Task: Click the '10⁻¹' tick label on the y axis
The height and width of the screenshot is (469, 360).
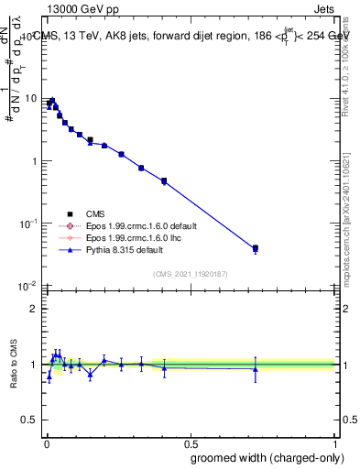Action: (28, 223)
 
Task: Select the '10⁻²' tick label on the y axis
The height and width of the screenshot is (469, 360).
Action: (28, 286)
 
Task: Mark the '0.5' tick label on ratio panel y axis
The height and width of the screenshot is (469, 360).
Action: (28, 420)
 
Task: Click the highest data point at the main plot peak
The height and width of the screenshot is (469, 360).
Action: (52, 101)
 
